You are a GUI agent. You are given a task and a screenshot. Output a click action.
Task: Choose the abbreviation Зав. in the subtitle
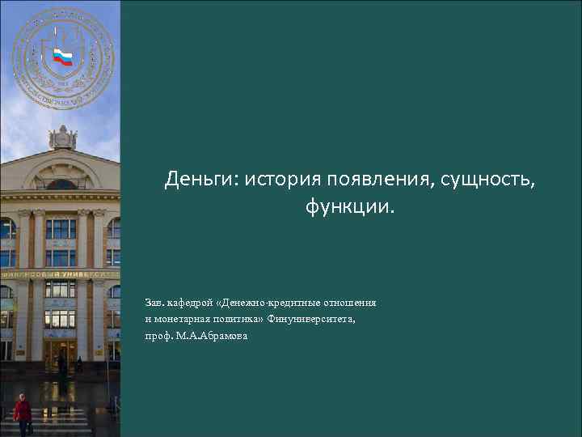153,303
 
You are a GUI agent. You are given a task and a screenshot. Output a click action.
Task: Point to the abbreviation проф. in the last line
158,335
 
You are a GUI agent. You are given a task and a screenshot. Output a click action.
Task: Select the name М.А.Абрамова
212,335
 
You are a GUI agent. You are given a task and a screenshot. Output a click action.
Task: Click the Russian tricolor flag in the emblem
62,57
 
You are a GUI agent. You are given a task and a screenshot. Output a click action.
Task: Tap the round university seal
63,58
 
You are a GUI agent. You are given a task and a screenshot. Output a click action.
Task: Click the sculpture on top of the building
62,138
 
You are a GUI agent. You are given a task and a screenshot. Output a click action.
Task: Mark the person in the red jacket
23,411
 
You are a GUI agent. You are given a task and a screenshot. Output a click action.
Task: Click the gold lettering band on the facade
60,274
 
